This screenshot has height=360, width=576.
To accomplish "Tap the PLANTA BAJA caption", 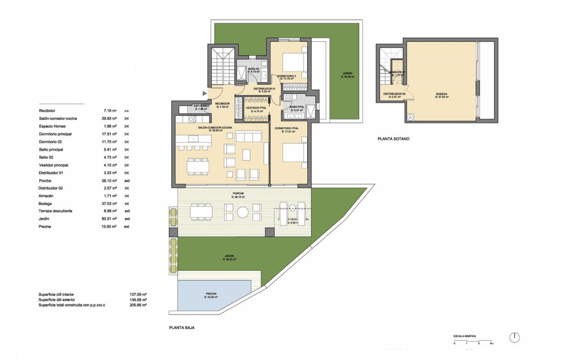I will [x=181, y=328].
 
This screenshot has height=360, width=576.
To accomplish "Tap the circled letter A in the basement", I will [x=410, y=117].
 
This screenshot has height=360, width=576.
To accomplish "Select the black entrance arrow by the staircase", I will [x=205, y=93].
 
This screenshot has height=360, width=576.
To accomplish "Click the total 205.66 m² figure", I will [x=138, y=305].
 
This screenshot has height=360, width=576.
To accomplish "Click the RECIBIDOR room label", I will [x=222, y=104].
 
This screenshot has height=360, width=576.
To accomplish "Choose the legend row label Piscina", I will [x=46, y=227].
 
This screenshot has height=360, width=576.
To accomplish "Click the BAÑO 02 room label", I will [x=254, y=69].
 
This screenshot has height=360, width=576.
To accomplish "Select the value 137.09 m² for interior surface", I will [x=138, y=294].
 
